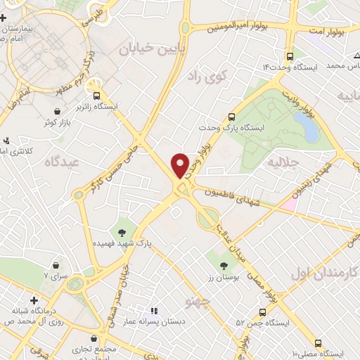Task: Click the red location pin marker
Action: pos(181,165)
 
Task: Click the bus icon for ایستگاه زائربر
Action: pos(96,96)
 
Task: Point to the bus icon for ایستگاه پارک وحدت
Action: pos(232,117)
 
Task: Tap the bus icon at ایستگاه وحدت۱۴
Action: pos(290,56)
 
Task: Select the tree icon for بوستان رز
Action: pos(224,265)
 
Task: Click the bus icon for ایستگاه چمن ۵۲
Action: pos(262,311)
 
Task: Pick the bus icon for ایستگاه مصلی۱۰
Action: pos(319,344)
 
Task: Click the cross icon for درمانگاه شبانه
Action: pos(34,301)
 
